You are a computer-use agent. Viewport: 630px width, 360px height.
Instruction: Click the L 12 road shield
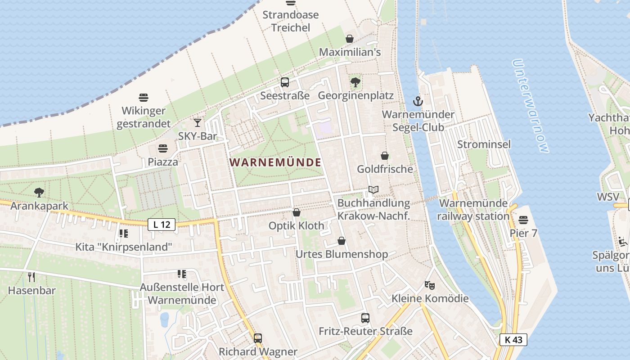162,224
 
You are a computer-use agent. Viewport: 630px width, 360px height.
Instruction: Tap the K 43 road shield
513,340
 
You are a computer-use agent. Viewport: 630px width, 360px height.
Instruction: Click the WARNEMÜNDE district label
275,162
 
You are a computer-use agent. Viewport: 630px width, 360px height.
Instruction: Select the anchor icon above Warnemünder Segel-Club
418,101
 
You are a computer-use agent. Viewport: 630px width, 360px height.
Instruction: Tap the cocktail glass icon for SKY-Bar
197,122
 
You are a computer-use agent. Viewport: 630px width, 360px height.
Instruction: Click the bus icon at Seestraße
284,82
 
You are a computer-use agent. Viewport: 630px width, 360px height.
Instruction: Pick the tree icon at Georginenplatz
355,82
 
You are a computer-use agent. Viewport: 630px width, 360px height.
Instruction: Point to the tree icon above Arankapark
39,193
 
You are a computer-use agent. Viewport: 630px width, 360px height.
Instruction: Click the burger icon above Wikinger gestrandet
144,97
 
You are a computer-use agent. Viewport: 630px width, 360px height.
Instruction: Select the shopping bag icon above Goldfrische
385,156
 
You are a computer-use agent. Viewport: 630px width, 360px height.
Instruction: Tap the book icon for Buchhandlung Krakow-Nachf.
373,190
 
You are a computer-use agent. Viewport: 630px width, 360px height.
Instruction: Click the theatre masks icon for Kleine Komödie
430,285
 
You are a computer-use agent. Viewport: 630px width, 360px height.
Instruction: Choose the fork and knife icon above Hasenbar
31,277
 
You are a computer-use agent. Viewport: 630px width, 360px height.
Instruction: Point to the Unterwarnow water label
531,106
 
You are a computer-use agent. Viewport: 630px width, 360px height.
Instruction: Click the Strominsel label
484,144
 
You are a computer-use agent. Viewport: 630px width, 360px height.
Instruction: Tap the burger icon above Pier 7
523,220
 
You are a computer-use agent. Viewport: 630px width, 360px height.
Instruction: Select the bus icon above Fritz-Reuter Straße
365,318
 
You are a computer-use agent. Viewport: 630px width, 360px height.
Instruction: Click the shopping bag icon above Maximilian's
350,39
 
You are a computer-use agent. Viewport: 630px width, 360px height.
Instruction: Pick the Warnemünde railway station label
474,210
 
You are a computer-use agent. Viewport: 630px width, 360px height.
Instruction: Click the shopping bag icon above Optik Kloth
296,212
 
